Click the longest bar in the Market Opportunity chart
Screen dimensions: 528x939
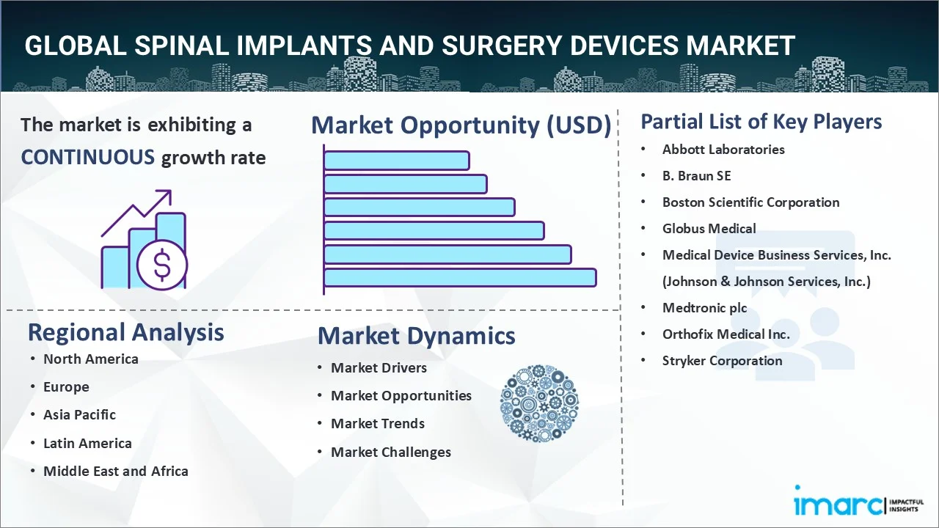tap(459, 277)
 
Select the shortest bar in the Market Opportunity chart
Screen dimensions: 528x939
tap(396, 160)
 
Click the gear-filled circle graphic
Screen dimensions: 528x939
tap(539, 404)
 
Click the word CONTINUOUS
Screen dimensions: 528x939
tap(87, 157)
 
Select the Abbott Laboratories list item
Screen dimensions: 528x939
tap(723, 150)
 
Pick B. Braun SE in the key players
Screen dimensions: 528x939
tap(696, 176)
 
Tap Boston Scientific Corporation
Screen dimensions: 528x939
tap(750, 202)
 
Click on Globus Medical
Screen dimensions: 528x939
tap(709, 229)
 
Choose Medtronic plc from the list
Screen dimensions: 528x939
tap(704, 308)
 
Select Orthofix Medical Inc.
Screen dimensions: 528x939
tap(726, 334)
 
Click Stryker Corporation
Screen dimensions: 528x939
tap(722, 361)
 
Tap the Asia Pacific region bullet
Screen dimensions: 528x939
tap(79, 415)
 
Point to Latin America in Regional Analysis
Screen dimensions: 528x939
tap(87, 443)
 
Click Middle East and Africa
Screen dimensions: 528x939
tap(115, 471)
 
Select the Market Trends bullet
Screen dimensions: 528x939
tap(377, 424)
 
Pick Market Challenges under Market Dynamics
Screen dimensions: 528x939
tap(390, 452)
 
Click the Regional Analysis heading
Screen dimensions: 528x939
tap(125, 332)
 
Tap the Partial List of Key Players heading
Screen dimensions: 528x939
tap(761, 122)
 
